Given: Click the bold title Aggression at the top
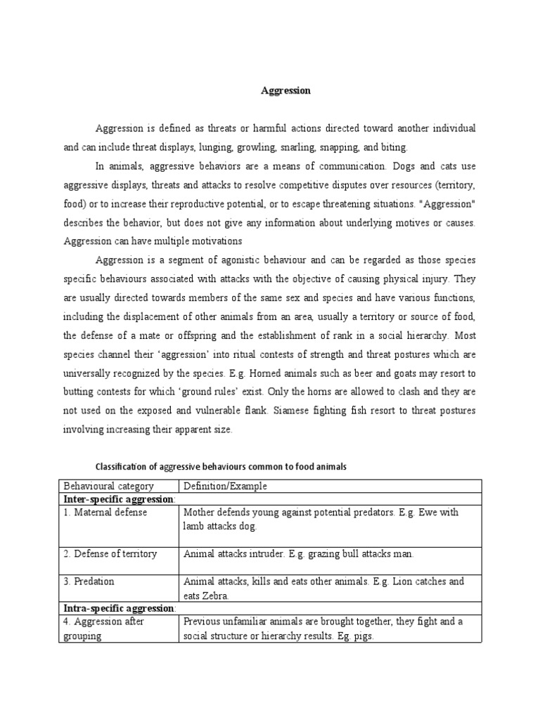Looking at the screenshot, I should [x=285, y=91].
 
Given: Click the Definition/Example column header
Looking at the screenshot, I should [x=225, y=486].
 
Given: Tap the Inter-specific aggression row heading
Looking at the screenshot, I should [x=119, y=499].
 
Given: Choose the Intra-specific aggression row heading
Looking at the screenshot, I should [x=119, y=608].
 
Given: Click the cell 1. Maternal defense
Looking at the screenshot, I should [x=105, y=513].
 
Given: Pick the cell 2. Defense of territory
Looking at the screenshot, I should [x=110, y=554].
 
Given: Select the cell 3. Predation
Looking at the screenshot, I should [x=89, y=582].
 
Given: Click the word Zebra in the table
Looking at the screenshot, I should [x=217, y=596].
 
